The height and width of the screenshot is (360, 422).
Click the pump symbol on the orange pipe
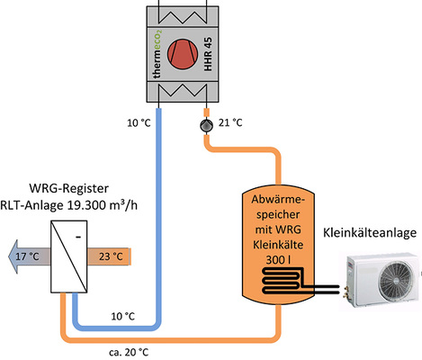coord(205,123)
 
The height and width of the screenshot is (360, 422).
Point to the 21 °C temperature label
coord(230,122)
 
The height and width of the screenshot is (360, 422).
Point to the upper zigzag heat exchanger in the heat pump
coord(184,13)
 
